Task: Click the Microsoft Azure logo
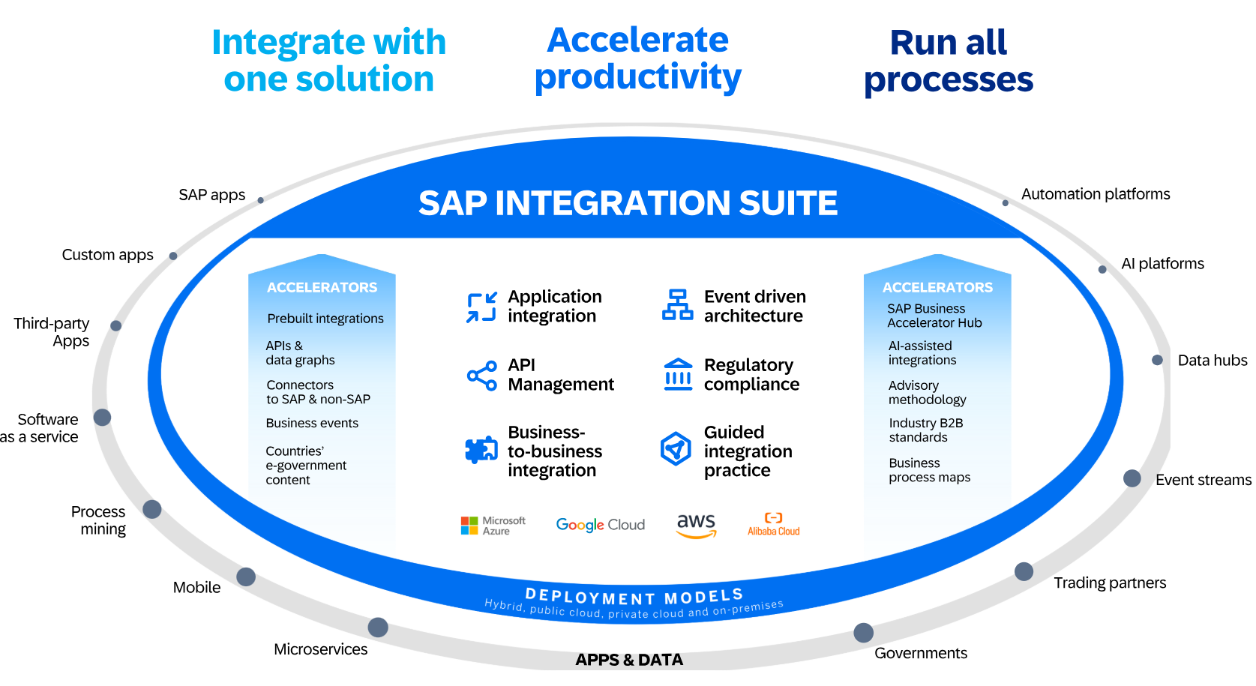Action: pos(493,526)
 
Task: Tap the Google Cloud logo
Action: pos(600,525)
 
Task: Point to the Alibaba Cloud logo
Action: pos(773,524)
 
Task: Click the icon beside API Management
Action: pos(482,376)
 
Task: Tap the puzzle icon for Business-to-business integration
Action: pos(481,450)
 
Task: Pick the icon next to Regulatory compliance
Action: pos(678,374)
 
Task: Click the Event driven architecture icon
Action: pos(678,305)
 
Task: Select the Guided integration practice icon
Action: pos(676,449)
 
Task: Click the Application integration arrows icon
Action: pos(481,307)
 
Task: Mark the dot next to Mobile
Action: pos(246,577)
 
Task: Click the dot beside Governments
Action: pos(863,633)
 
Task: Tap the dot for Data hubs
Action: pos(1157,360)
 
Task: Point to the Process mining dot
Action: pos(152,510)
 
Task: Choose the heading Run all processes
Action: pos(949,61)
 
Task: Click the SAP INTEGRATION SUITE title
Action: pos(628,203)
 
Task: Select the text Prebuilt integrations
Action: pos(325,319)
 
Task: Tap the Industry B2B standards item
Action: pos(925,430)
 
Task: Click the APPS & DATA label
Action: pos(629,660)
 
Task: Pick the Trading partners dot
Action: pos(1024,571)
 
